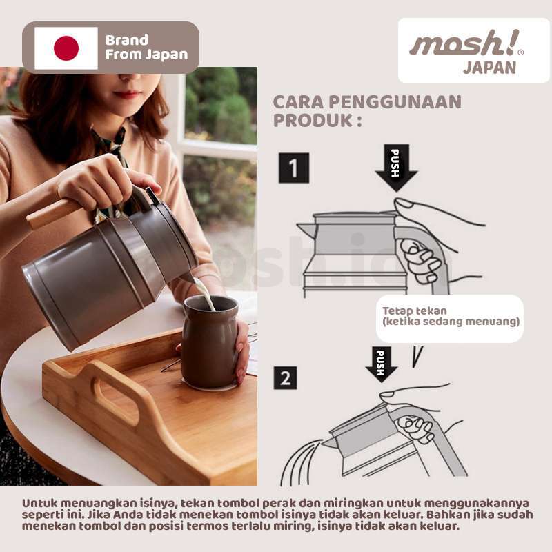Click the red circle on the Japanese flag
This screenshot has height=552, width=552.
[x=66, y=48]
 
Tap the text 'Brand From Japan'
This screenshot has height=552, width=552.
[x=146, y=48]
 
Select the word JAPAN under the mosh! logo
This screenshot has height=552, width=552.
[x=489, y=68]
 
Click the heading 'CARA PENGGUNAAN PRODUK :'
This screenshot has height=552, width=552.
[x=367, y=111]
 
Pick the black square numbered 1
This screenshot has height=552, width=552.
[x=293, y=168]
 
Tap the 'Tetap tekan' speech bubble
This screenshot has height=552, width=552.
[x=449, y=317]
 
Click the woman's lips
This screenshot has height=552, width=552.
[x=127, y=94]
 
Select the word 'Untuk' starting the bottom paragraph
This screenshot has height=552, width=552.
[x=38, y=503]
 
